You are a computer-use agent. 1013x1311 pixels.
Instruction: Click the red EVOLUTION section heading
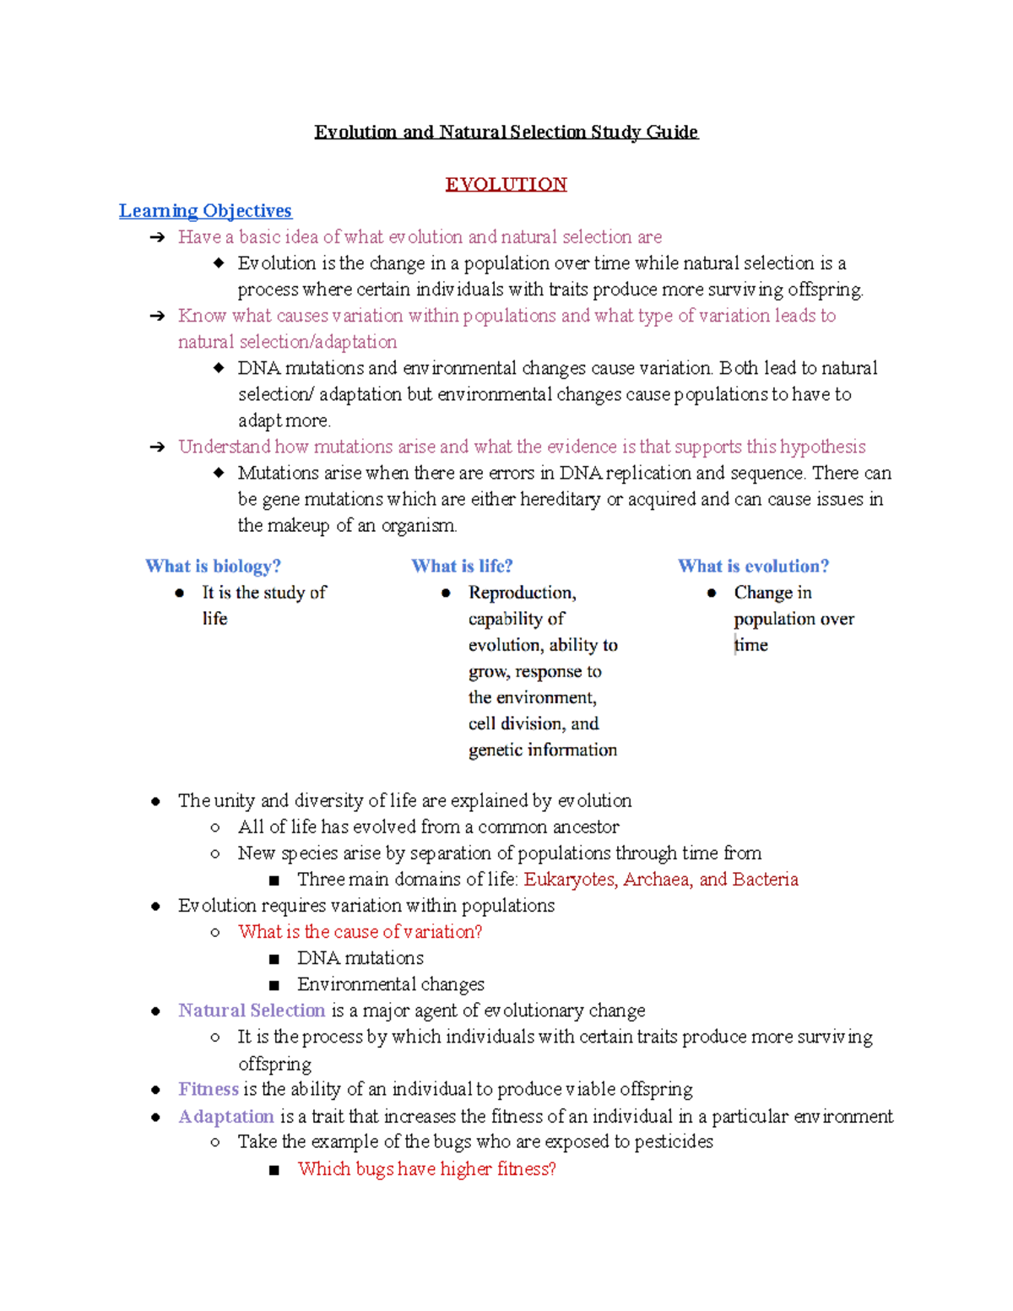tap(506, 184)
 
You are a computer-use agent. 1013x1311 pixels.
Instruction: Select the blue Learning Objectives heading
tap(205, 210)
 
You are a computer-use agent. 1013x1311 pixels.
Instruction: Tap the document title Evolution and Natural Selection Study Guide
tap(506, 132)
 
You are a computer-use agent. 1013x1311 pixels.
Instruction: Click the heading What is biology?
tap(213, 566)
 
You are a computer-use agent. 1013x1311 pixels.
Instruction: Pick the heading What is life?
tap(462, 566)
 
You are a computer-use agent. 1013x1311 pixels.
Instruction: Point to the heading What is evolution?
tap(753, 566)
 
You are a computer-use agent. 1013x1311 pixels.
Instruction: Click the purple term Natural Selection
tap(252, 1010)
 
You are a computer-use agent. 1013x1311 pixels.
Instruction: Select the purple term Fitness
tap(209, 1089)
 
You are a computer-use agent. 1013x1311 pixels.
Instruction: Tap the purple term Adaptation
tap(226, 1116)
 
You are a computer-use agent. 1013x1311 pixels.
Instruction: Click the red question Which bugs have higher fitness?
tap(426, 1168)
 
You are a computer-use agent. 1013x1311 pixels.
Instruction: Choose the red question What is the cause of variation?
tap(360, 931)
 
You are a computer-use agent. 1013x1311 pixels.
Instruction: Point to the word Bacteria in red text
tap(765, 879)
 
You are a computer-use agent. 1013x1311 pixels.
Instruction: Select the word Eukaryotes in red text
tap(571, 879)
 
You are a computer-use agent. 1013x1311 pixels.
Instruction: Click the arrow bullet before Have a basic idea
tap(157, 237)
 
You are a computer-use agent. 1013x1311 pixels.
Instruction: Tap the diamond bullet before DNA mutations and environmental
tap(219, 367)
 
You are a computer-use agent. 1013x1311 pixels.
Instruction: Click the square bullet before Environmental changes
tap(274, 984)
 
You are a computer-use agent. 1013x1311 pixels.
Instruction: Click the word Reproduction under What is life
tap(522, 593)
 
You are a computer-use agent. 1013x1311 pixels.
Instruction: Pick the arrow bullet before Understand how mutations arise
tap(157, 447)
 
